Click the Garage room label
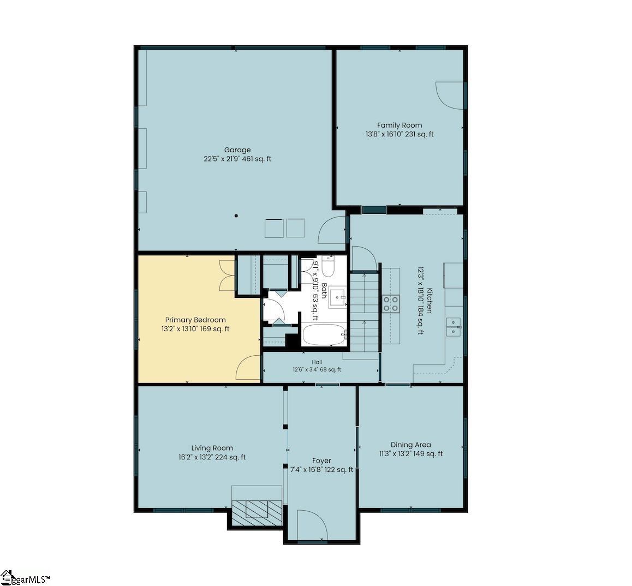pos(237,150)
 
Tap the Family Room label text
pos(400,125)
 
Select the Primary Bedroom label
pos(195,320)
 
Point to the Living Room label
pos(212,448)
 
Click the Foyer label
pos(321,461)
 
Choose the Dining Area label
pos(411,445)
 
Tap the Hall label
pos(317,362)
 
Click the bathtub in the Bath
pos(325,334)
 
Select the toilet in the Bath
pos(327,266)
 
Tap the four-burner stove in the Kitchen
pos(391,304)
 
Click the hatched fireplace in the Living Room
pos(257,512)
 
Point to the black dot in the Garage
pos(237,216)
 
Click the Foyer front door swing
pos(313,524)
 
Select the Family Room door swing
pos(450,95)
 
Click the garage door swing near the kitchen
pos(332,230)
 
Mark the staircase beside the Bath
pos(365,313)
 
